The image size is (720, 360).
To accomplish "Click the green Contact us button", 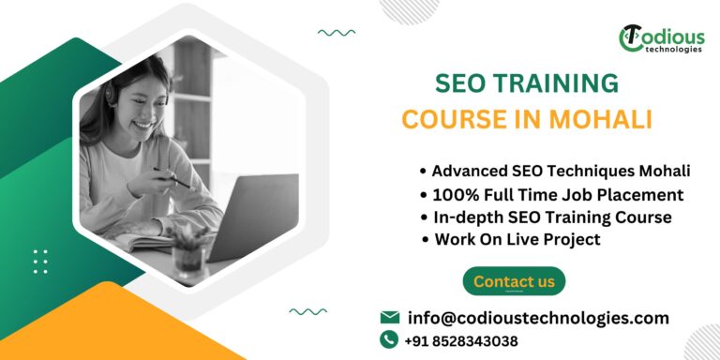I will pos(514,281).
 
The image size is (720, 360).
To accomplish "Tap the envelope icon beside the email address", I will pos(389,318).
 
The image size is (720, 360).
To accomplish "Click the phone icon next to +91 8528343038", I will pos(389,340).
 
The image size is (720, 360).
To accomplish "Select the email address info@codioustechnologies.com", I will pos(538,318).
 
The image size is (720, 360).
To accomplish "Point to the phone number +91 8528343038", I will pos(461,341).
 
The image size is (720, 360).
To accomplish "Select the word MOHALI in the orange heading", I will pos(604,121).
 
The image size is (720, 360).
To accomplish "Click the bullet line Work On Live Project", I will pos(517,239).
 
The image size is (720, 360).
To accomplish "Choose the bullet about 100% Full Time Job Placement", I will pos(558,195).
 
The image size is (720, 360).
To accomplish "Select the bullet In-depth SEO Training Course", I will pos(551,217).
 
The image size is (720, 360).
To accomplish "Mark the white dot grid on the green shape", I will pos(40,262).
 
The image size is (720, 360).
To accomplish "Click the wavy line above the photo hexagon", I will pos(336,33).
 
